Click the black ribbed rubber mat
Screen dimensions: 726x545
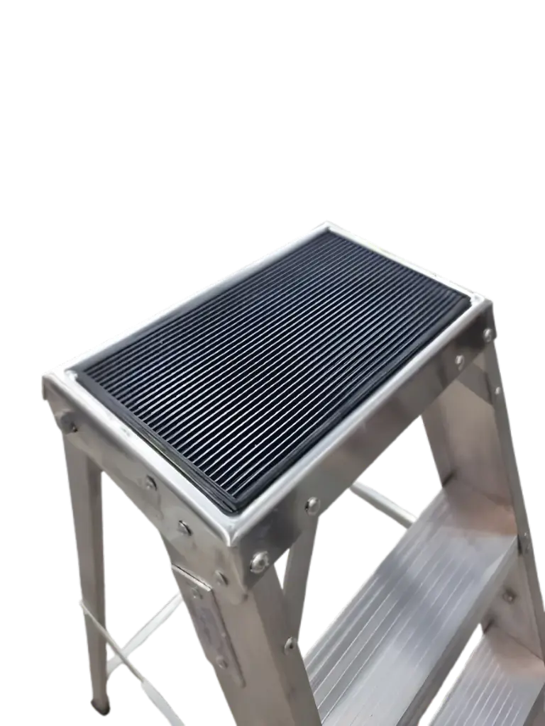(277, 369)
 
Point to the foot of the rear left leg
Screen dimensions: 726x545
(101, 704)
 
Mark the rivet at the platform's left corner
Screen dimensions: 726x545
(70, 426)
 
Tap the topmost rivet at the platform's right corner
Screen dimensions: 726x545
(488, 333)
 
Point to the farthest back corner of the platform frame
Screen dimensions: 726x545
(328, 225)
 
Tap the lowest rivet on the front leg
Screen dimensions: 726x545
(290, 645)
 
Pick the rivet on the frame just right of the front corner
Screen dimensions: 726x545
(312, 506)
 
